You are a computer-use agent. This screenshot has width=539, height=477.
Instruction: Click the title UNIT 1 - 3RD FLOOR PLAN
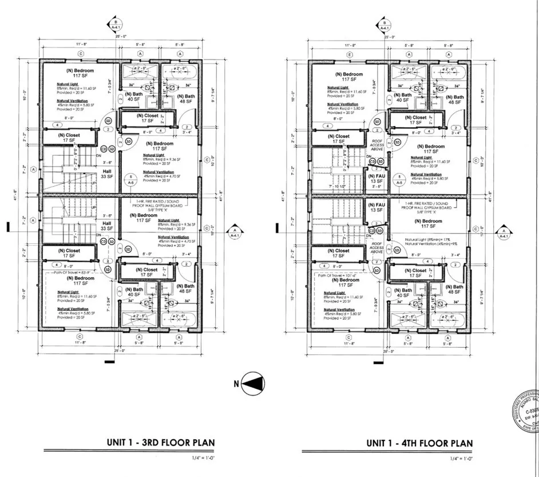click(160, 443)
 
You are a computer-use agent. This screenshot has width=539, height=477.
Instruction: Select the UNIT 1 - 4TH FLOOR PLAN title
click(420, 443)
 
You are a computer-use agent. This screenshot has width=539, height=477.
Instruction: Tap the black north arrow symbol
click(253, 384)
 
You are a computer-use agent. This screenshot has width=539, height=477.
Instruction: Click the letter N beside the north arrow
click(235, 384)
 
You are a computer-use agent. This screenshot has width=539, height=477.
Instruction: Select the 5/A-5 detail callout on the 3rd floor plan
click(131, 180)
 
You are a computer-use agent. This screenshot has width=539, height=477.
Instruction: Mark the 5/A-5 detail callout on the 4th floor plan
click(400, 180)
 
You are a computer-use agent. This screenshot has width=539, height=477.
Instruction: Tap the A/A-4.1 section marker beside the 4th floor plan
click(504, 231)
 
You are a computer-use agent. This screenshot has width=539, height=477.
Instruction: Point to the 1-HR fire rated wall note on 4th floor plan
click(430, 206)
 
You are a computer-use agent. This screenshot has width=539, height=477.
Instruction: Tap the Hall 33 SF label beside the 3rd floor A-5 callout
click(106, 174)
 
